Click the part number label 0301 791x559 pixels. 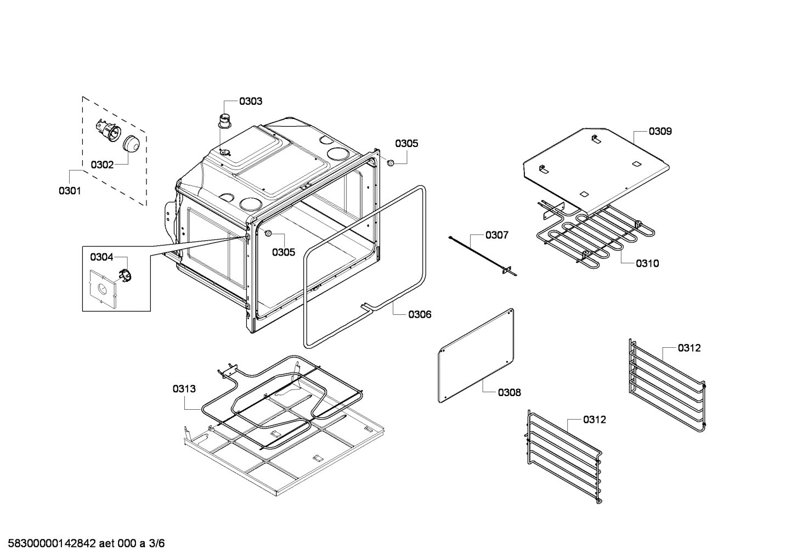coord(70,191)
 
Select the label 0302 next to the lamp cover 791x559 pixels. coord(102,165)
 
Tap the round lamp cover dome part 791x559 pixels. coord(131,144)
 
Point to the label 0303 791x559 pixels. coord(251,101)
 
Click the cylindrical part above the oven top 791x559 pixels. coord(224,120)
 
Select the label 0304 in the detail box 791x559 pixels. coord(101,257)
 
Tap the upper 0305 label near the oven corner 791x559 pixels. coord(406,144)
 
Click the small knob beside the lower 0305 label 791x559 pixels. coord(268,234)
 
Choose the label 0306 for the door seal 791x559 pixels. coord(420,314)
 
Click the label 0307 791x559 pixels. coord(496,235)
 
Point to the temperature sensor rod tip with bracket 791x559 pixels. coord(510,270)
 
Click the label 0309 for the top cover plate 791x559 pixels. coord(660,131)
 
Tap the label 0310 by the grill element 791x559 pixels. coord(647,263)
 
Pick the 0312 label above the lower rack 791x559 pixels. coord(595,420)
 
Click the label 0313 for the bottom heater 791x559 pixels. coord(184,389)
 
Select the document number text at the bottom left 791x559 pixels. coord(82,544)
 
